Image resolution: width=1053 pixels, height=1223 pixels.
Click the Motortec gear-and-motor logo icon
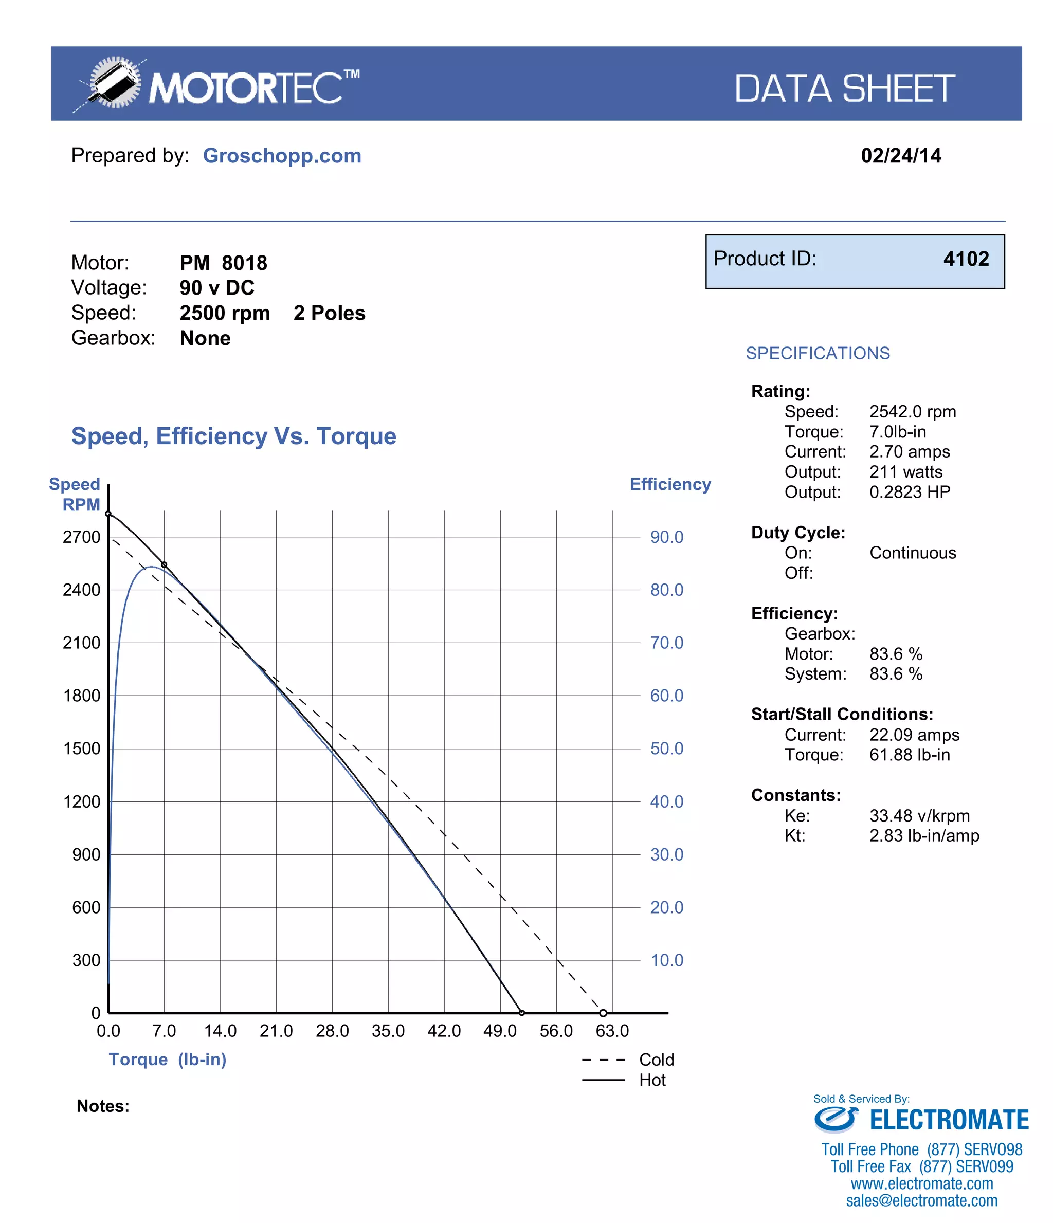tap(112, 83)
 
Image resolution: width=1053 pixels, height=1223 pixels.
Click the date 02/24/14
tap(900, 156)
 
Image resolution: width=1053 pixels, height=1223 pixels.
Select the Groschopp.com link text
tap(282, 156)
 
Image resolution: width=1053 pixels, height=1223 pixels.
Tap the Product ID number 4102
tap(965, 259)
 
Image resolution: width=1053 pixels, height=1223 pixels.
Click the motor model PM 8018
tap(223, 263)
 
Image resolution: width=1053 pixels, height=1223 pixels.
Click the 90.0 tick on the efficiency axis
tap(666, 537)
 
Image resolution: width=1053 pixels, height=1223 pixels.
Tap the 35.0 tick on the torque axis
tap(388, 1031)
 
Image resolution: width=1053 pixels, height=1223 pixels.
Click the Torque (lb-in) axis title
tap(167, 1060)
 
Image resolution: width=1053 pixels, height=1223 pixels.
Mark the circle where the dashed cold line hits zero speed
tap(603, 1013)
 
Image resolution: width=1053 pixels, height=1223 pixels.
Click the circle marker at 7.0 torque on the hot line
tap(164, 565)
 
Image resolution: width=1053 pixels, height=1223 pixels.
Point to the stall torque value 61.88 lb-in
tap(909, 755)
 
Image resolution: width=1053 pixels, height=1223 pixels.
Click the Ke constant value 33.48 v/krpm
tap(919, 816)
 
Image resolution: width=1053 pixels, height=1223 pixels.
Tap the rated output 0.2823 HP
tap(909, 492)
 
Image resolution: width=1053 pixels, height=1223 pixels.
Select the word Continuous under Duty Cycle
tap(912, 553)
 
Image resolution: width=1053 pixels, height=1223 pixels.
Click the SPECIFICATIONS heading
tap(817, 353)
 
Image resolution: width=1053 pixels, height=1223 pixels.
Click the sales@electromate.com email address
tap(921, 1200)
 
